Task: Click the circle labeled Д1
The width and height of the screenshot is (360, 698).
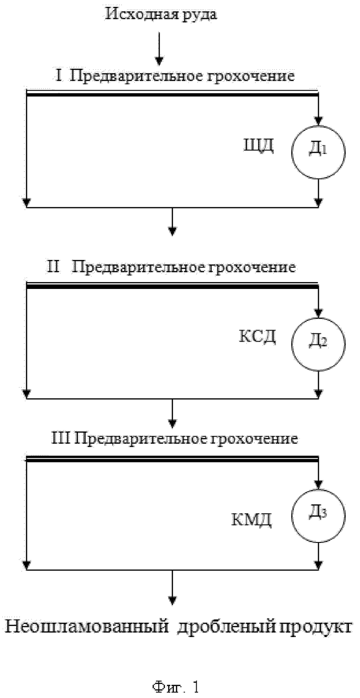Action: [292, 152]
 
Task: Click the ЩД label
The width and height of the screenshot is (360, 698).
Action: [258, 145]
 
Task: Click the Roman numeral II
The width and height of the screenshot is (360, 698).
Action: [53, 267]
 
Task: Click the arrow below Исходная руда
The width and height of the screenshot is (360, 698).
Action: [159, 49]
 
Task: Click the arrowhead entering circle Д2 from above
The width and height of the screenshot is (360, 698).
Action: [318, 312]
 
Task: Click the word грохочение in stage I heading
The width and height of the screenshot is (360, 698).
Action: [249, 77]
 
